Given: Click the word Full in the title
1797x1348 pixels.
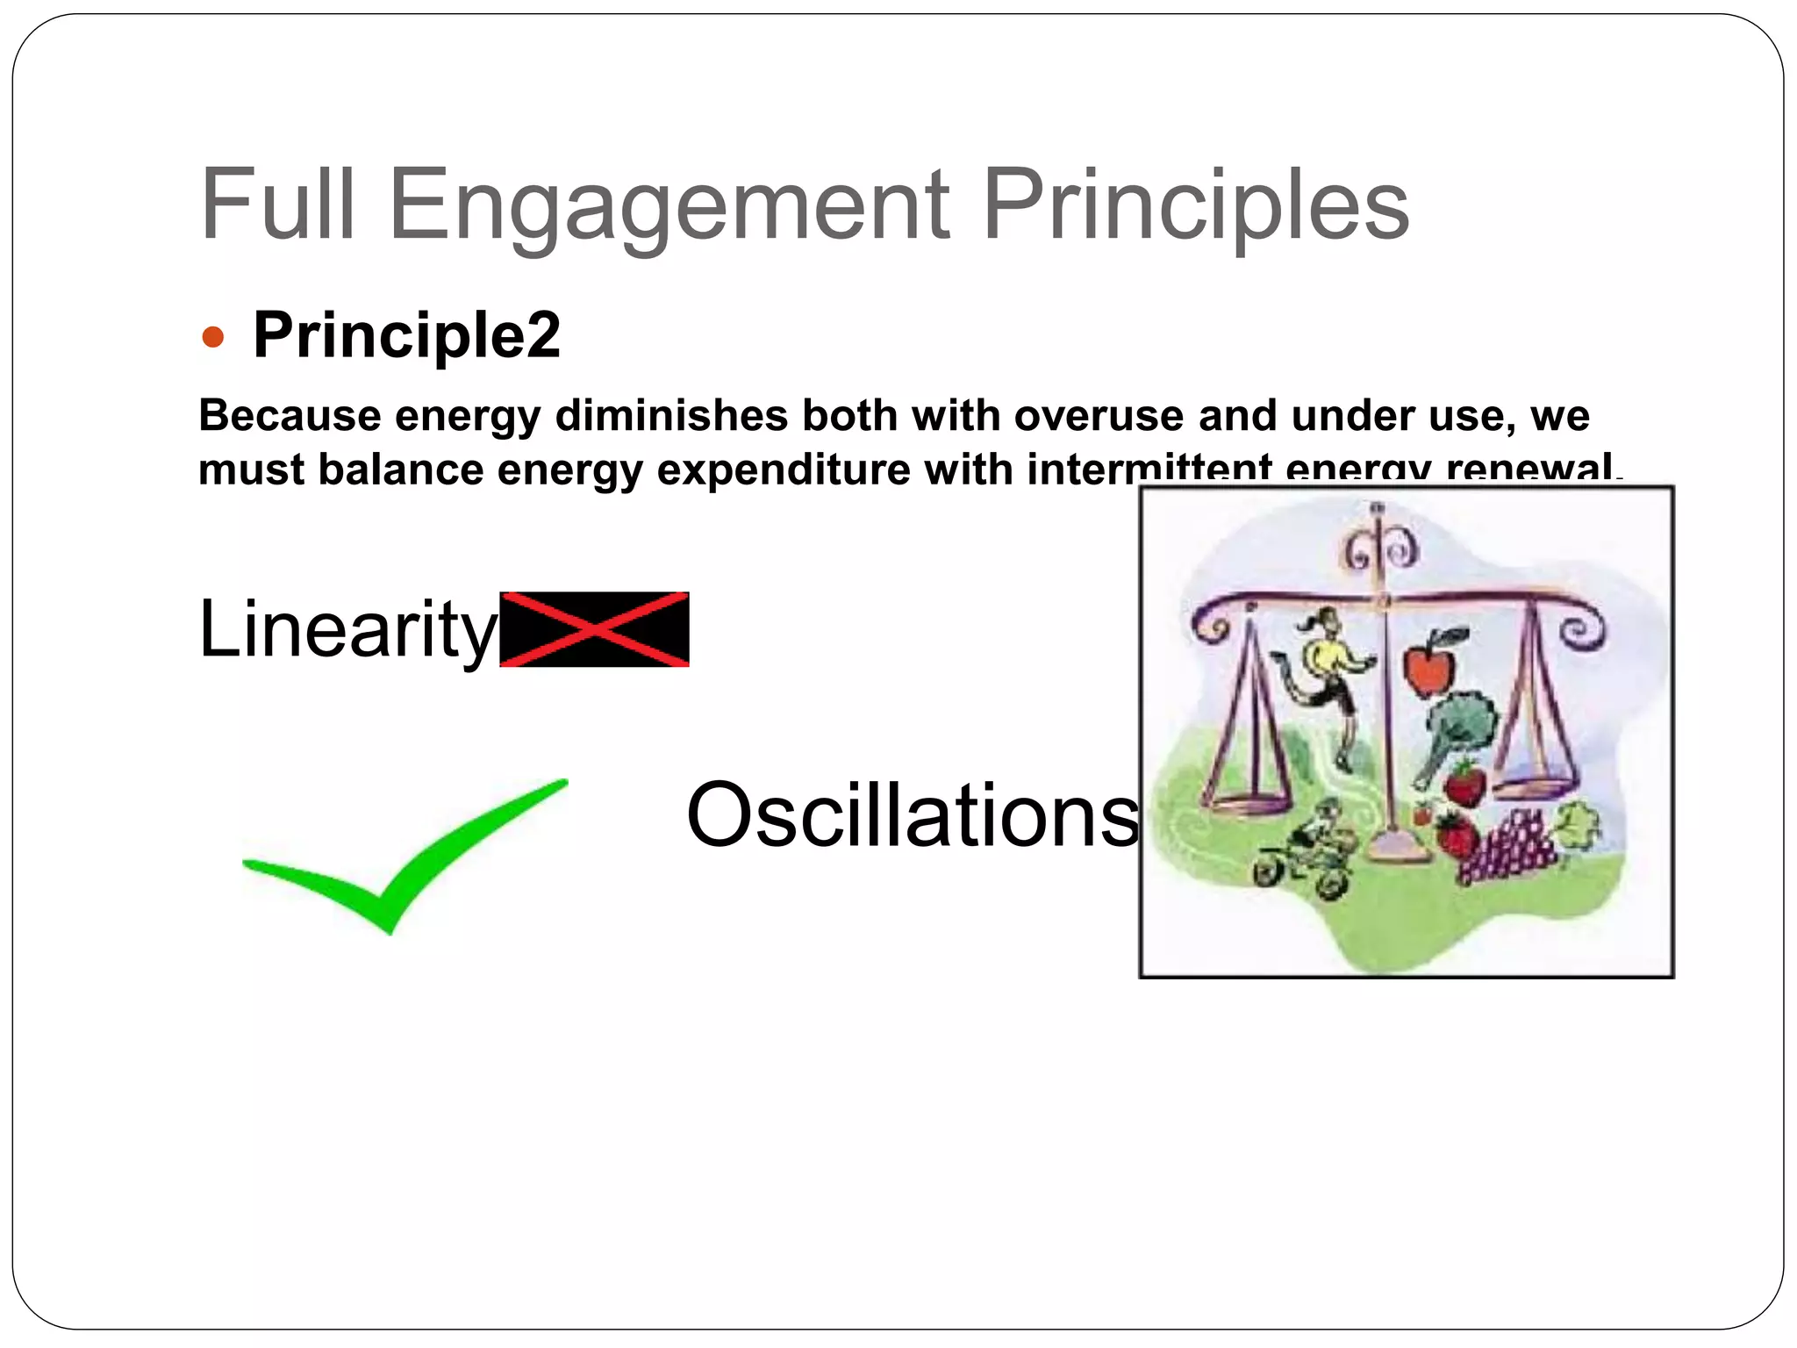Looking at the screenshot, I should pyautogui.click(x=278, y=205).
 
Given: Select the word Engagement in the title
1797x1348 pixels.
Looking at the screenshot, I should pyautogui.click(x=669, y=205).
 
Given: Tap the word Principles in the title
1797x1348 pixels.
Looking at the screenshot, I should pyautogui.click(x=1195, y=205).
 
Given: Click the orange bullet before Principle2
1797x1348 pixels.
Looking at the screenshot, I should pyautogui.click(x=213, y=337).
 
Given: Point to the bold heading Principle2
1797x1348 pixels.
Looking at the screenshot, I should pyautogui.click(x=406, y=335).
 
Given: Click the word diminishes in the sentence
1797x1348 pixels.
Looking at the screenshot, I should pyautogui.click(x=671, y=415).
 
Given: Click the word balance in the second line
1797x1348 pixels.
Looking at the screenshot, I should pyautogui.click(x=401, y=470).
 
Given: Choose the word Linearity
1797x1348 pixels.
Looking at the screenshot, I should pyautogui.click(x=347, y=628).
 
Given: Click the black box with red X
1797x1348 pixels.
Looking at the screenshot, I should pyautogui.click(x=594, y=629).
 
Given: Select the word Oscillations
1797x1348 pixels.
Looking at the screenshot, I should pyautogui.click(x=913, y=815).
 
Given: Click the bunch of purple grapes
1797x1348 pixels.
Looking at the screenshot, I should pyautogui.click(x=1507, y=847).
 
